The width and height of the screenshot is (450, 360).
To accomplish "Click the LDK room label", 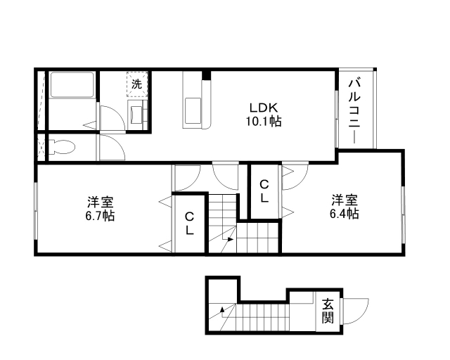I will click(265, 108).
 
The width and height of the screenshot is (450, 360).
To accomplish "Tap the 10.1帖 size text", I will click(265, 121).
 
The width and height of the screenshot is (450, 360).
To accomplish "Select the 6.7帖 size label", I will click(99, 214).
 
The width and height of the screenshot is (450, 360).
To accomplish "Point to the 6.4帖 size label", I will click(345, 213).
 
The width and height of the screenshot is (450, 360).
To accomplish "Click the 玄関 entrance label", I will click(328, 311).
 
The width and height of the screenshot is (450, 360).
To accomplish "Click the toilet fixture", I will click(62, 147).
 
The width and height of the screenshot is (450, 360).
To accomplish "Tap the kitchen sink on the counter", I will click(192, 110).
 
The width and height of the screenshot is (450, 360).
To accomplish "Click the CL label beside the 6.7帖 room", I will click(190, 224).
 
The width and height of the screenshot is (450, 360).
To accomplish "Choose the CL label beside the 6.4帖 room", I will click(264, 191).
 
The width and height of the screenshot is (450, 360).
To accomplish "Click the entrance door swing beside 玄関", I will click(357, 310).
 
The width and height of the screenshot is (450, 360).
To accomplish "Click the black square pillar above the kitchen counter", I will click(206, 75).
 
